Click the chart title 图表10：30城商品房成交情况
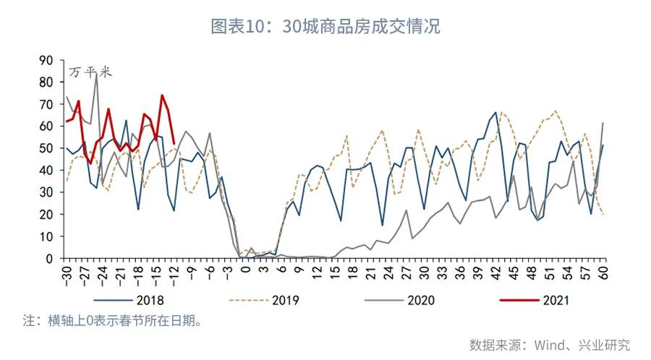point(325,27)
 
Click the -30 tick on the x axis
point(67,273)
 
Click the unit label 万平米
point(90,72)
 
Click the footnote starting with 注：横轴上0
point(112,320)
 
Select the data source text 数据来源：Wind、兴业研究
point(549,344)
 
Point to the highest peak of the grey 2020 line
point(96,73)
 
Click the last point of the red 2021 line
point(174,143)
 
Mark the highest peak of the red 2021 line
point(162,95)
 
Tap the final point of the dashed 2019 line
point(603,213)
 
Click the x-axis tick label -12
point(174,273)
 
